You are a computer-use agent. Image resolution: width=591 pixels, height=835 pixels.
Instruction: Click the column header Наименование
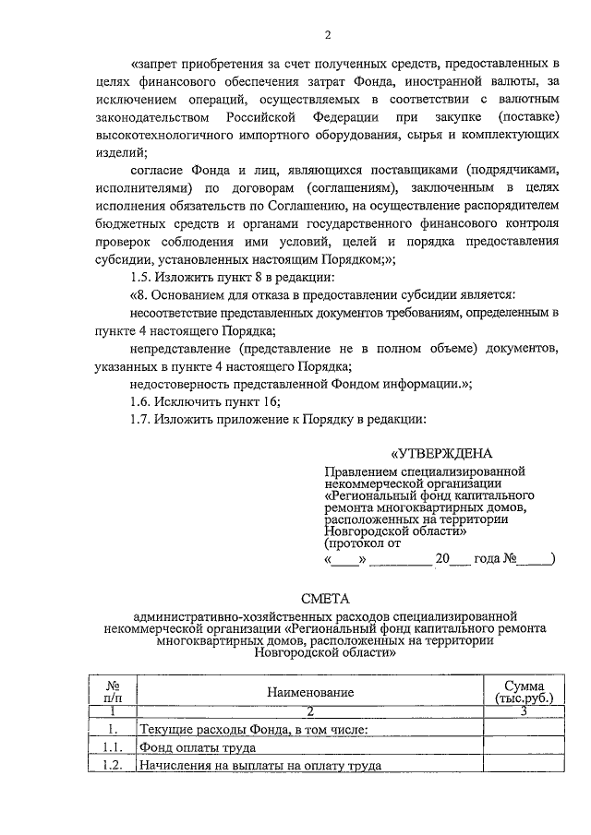309,692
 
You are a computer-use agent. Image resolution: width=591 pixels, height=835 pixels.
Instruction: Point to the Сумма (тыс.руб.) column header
523,692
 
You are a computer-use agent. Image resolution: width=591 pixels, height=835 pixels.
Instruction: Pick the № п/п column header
114,692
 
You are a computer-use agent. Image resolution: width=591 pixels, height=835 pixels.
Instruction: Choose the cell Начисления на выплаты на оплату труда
259,766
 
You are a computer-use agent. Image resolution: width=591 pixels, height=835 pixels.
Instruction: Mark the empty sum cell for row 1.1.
523,747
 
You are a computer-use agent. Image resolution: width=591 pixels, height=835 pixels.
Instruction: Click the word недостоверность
177,383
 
